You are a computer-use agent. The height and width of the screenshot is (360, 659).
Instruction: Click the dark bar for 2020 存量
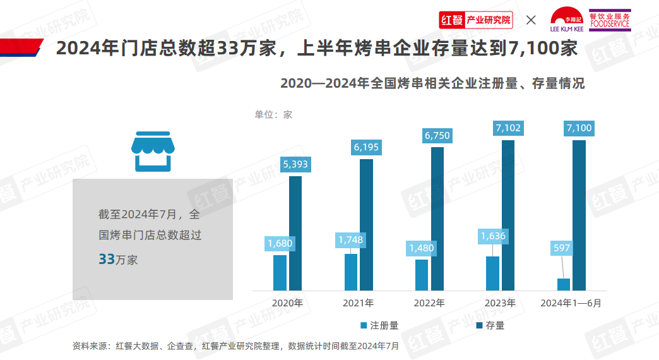pyautogui.click(x=295, y=233)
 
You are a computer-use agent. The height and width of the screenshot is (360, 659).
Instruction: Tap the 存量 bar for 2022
pyautogui.click(x=437, y=219)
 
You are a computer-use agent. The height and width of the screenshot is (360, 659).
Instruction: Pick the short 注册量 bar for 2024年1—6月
pyautogui.click(x=564, y=284)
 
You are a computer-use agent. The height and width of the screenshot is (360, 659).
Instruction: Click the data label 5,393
pyautogui.click(x=295, y=164)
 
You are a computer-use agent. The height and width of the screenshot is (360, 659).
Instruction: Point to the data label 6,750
pyautogui.click(x=437, y=135)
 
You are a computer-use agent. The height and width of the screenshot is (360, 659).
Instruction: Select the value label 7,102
pyautogui.click(x=508, y=128)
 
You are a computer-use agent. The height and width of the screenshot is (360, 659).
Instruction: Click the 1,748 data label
pyautogui.click(x=350, y=240)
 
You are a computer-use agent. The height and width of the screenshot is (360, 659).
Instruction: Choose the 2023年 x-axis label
pyautogui.click(x=500, y=303)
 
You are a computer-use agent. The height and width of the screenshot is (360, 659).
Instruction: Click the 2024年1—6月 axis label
pyautogui.click(x=571, y=303)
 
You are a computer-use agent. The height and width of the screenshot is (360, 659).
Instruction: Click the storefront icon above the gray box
pyautogui.click(x=152, y=152)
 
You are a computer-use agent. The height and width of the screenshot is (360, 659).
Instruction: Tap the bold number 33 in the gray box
pyautogui.click(x=106, y=259)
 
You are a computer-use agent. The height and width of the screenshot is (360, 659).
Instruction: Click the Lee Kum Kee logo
pyautogui.click(x=567, y=20)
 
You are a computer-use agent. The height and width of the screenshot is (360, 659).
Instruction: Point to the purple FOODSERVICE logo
pyautogui.click(x=610, y=20)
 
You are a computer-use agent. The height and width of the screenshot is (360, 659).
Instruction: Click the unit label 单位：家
pyautogui.click(x=273, y=114)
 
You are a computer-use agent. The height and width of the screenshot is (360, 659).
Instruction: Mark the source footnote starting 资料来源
pyautogui.click(x=235, y=346)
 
